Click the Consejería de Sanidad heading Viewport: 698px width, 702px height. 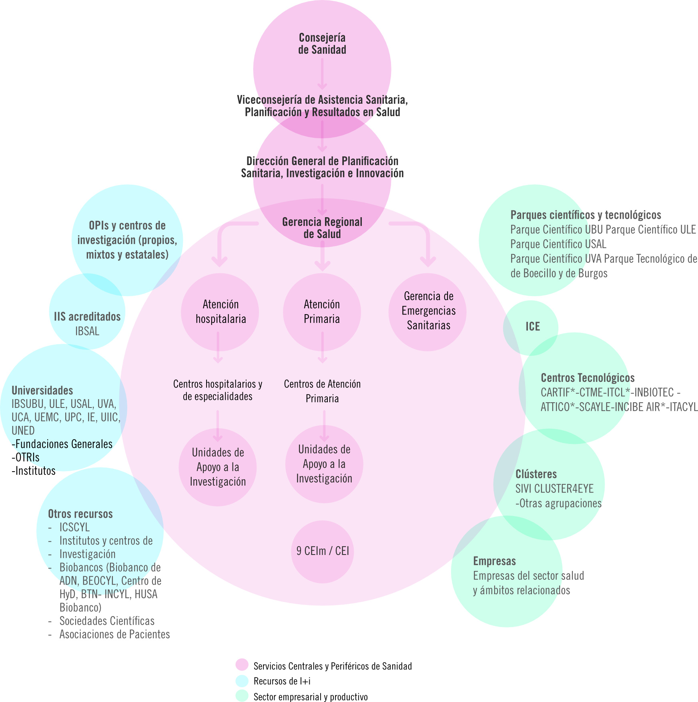[x=322, y=44]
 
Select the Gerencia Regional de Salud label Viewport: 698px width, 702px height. [x=322, y=228]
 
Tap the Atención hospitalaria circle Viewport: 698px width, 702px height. [x=220, y=312]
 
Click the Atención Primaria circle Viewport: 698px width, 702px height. [x=322, y=312]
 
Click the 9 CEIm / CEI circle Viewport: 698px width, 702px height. [x=323, y=551]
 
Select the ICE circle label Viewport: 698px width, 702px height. [x=533, y=327]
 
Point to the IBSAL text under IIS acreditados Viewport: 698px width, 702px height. [x=87, y=331]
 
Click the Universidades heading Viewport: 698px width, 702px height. [x=42, y=391]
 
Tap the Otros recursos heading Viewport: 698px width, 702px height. [x=80, y=514]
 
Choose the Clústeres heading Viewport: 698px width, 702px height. [x=536, y=474]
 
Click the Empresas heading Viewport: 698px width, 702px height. [x=494, y=561]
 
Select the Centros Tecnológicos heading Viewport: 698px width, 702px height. [x=588, y=378]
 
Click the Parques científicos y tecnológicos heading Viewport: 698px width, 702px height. [x=586, y=215]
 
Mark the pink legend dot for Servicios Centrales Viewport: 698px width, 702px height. [x=242, y=665]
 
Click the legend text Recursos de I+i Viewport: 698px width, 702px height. [x=282, y=681]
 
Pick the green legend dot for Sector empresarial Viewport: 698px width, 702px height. [x=242, y=696]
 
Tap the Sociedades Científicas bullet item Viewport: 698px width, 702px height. [x=107, y=621]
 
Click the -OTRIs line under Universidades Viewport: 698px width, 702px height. [x=26, y=457]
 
